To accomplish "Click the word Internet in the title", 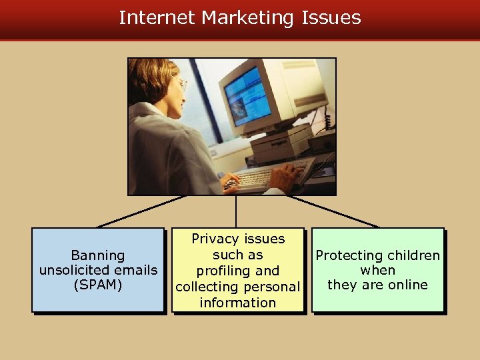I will pyautogui.click(x=157, y=17).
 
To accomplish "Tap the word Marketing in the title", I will pyautogui.click(x=247, y=18).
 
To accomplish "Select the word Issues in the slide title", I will pyautogui.click(x=331, y=17).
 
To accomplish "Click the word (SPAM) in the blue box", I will pyautogui.click(x=98, y=285).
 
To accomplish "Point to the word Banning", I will pyautogui.click(x=98, y=255).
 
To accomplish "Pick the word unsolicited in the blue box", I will pyautogui.click(x=80, y=270).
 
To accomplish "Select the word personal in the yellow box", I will pyautogui.click(x=269, y=287).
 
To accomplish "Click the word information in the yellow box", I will pyautogui.click(x=237, y=302).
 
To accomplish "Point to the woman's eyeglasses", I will pyautogui.click(x=181, y=84).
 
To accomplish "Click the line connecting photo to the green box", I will pyautogui.click(x=333, y=211).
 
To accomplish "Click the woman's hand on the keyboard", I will pyautogui.click(x=231, y=179).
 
